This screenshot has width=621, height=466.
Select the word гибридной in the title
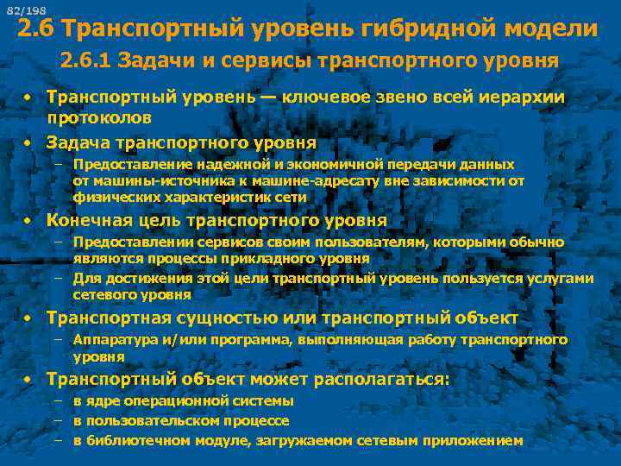click(x=426, y=30)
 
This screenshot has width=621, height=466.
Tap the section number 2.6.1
click(x=85, y=61)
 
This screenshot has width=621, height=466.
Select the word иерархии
click(x=520, y=98)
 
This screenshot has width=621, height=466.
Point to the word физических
click(x=113, y=198)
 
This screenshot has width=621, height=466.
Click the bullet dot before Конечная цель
click(x=28, y=221)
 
